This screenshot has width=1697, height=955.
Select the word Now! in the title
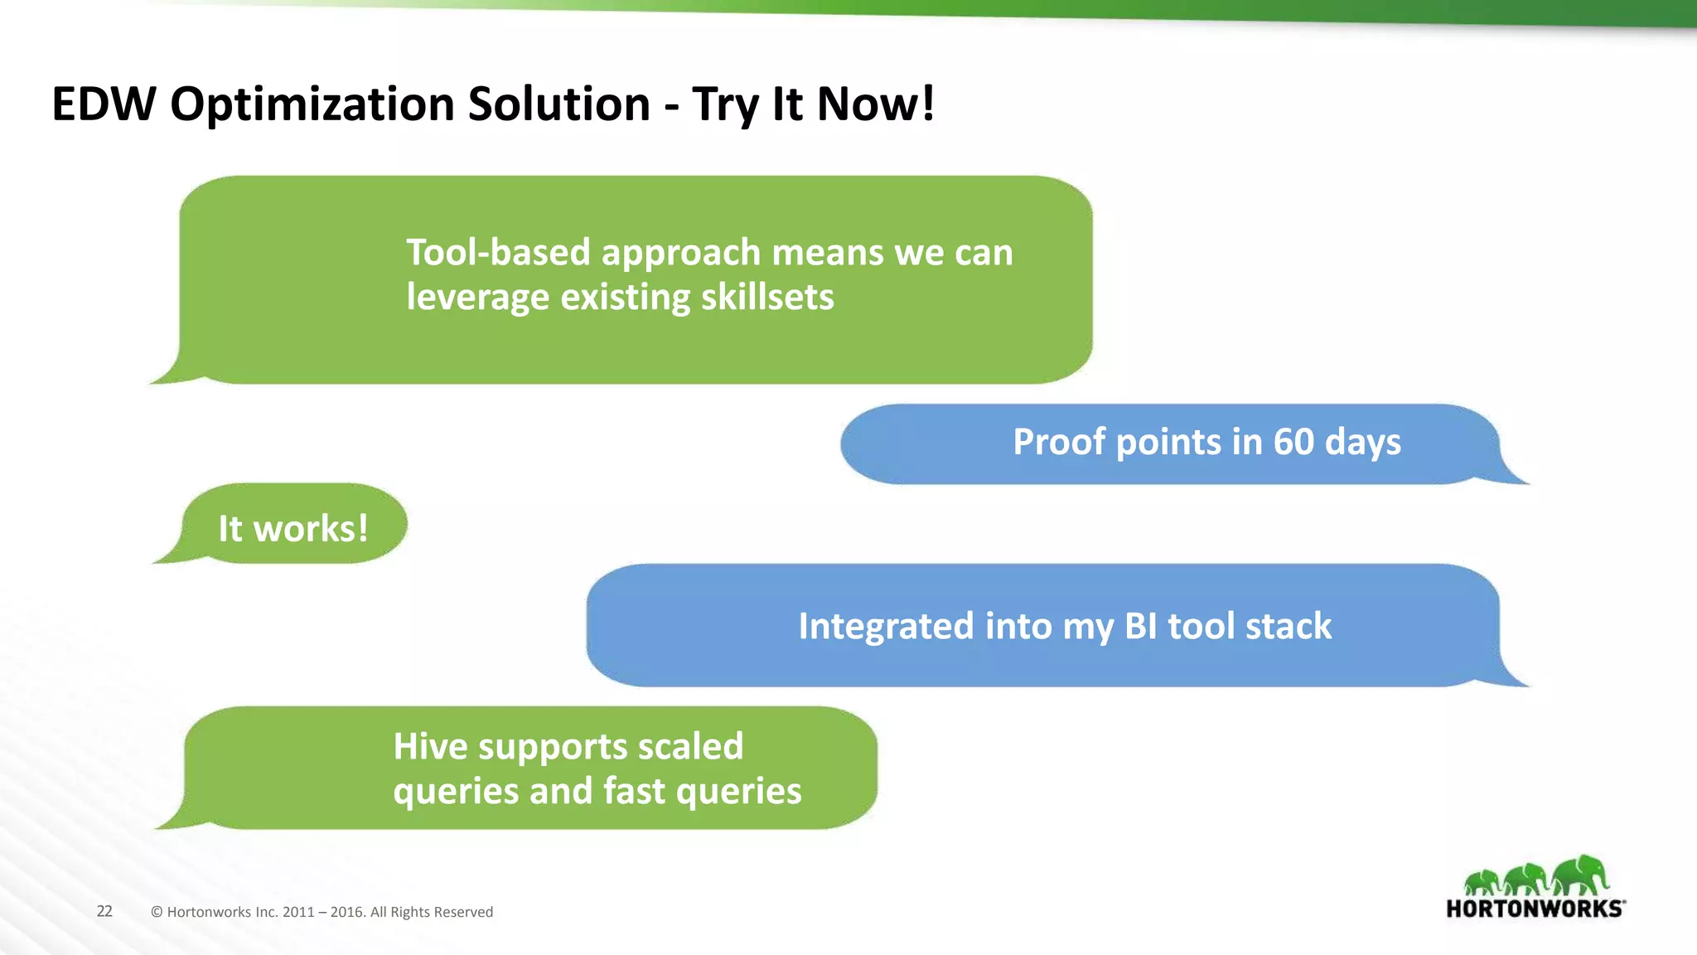coord(876,104)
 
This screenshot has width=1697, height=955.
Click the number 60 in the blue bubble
coord(1293,442)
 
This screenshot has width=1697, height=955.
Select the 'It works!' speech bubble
coord(293,525)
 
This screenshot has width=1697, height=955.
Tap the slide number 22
coord(104,911)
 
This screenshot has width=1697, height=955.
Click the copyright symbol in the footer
coord(157,912)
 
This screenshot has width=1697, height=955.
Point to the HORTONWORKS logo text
coord(1535,909)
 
